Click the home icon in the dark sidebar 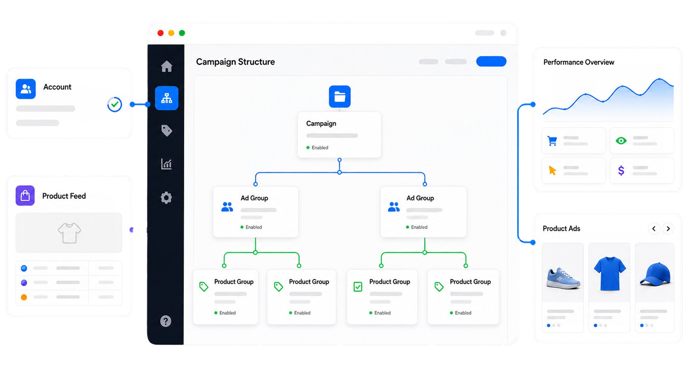pos(166,66)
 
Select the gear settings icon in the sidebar pos(166,198)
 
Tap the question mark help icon pos(166,321)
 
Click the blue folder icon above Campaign pos(339,97)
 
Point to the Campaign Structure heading pos(235,62)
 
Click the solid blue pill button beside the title pos(491,61)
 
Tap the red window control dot pos(160,33)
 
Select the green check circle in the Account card pos(115,104)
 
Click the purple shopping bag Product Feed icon pos(25,195)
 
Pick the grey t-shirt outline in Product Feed pos(69,233)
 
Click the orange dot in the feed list pos(24,297)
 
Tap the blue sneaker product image pos(563,278)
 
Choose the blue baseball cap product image pos(655,274)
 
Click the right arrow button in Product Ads pos(668,229)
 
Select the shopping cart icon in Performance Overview pos(552,141)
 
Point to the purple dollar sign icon pos(621,170)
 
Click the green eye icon pos(621,141)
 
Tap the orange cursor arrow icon pos(552,170)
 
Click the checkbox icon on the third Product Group pos(358,287)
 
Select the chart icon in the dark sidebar pos(166,164)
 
